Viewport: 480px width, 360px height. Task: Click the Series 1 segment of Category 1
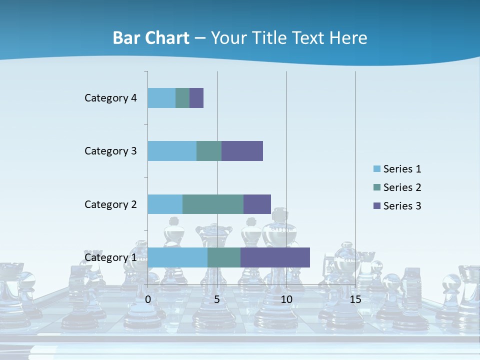pos(177,257)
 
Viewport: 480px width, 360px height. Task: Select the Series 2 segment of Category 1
pos(224,257)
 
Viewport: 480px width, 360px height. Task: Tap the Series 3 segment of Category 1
pos(275,257)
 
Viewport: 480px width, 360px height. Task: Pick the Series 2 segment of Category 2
pos(213,204)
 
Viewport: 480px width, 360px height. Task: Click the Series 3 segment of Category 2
pos(257,204)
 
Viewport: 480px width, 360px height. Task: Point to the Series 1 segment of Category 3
pos(172,151)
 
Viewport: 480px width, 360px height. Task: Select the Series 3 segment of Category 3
pos(242,151)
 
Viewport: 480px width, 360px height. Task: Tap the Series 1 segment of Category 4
pos(161,98)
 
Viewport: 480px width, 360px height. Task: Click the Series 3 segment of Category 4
pos(196,98)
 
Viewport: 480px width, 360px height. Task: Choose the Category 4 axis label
pos(110,98)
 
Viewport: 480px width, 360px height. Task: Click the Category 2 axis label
pos(110,204)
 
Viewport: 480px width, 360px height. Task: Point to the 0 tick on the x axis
pos(148,299)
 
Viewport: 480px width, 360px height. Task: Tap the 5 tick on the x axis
pos(217,299)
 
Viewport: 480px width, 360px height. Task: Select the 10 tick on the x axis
pos(286,299)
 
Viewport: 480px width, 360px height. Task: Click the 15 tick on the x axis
pos(355,299)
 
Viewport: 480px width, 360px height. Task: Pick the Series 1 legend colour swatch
pos(376,169)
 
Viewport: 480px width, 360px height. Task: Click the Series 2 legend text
pos(402,187)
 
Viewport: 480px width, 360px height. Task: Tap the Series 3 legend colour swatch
pos(376,206)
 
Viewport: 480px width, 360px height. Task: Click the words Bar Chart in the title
pos(151,38)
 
